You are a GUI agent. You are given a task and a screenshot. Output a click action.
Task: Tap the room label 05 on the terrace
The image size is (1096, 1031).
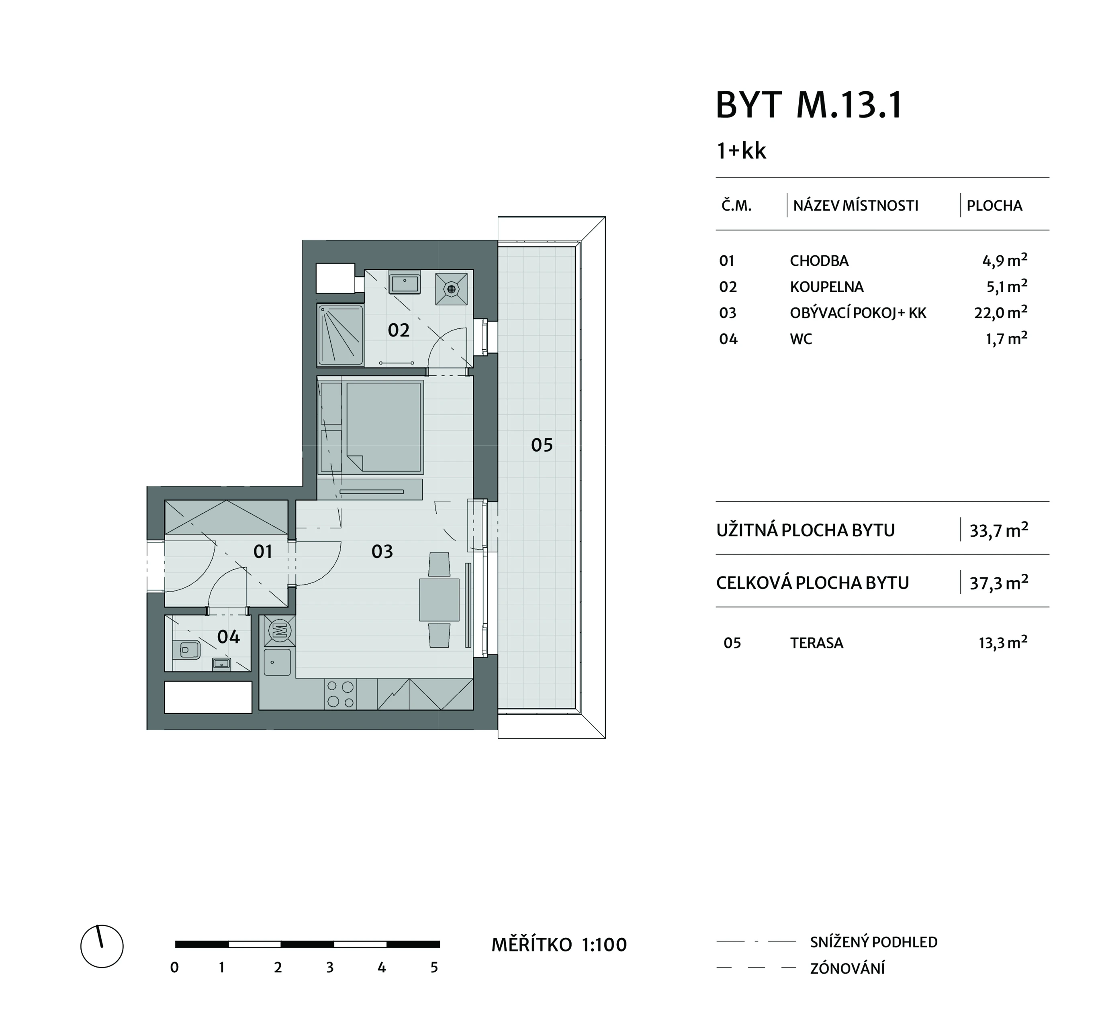(x=542, y=445)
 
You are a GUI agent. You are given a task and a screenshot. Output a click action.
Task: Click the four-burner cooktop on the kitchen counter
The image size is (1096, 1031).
(x=340, y=694)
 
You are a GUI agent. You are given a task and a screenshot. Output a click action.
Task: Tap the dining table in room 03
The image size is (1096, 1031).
(x=440, y=600)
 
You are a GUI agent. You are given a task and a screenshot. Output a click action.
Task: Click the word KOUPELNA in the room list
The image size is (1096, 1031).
(x=826, y=287)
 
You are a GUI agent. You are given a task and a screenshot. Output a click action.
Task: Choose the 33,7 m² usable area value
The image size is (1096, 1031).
(x=999, y=530)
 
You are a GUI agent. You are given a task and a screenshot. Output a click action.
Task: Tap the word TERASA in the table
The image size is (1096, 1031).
(x=816, y=643)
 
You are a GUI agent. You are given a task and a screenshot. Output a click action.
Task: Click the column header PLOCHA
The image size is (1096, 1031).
(x=995, y=206)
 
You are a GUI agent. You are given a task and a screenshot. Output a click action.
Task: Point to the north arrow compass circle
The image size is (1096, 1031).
(x=102, y=947)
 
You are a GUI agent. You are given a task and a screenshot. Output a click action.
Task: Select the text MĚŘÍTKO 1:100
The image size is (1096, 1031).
(x=559, y=945)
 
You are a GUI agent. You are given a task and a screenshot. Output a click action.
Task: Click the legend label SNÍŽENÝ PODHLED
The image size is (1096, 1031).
(x=874, y=942)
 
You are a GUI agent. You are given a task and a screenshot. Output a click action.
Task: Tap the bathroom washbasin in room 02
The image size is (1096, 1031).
(x=405, y=283)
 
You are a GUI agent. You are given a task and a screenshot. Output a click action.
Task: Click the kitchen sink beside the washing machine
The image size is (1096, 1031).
(x=277, y=662)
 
